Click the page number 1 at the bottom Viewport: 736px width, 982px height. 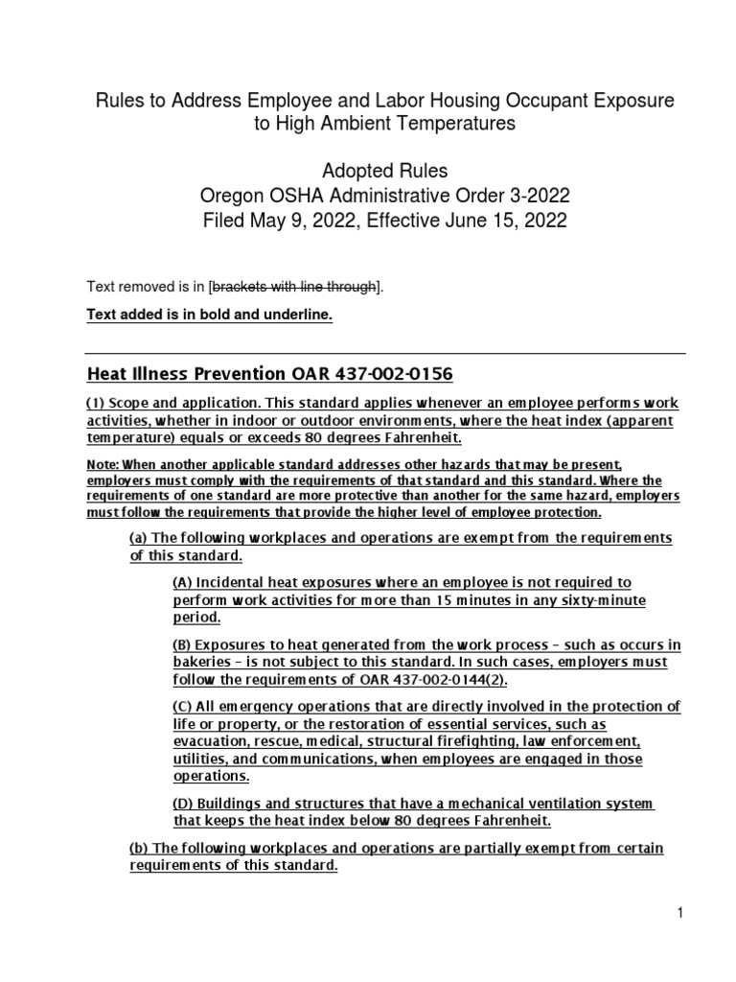[679, 915]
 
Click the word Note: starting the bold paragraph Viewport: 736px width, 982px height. [103, 463]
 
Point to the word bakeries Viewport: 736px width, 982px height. [204, 664]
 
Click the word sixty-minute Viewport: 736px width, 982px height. [604, 600]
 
